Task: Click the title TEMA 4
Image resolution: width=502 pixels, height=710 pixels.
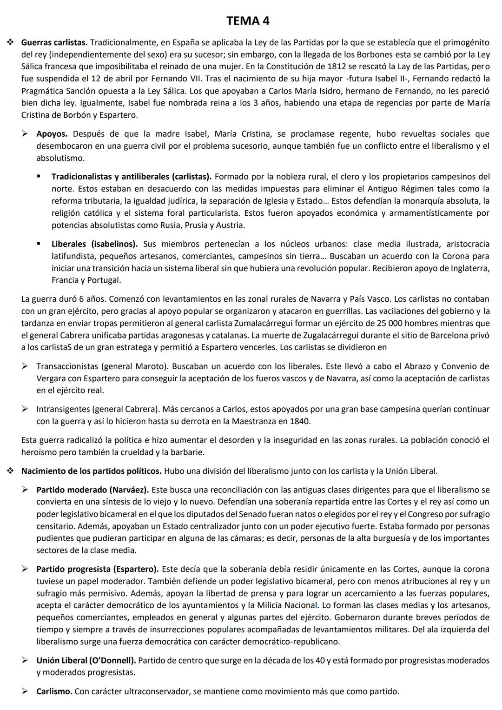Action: point(248,21)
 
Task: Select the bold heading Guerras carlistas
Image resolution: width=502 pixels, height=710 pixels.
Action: point(54,42)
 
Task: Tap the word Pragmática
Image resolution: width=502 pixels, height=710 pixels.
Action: point(43,91)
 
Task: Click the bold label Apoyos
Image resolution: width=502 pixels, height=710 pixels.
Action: point(52,134)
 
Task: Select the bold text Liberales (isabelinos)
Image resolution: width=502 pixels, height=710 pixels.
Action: point(94,244)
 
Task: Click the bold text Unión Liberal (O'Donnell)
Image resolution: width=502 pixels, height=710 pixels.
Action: point(86,660)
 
